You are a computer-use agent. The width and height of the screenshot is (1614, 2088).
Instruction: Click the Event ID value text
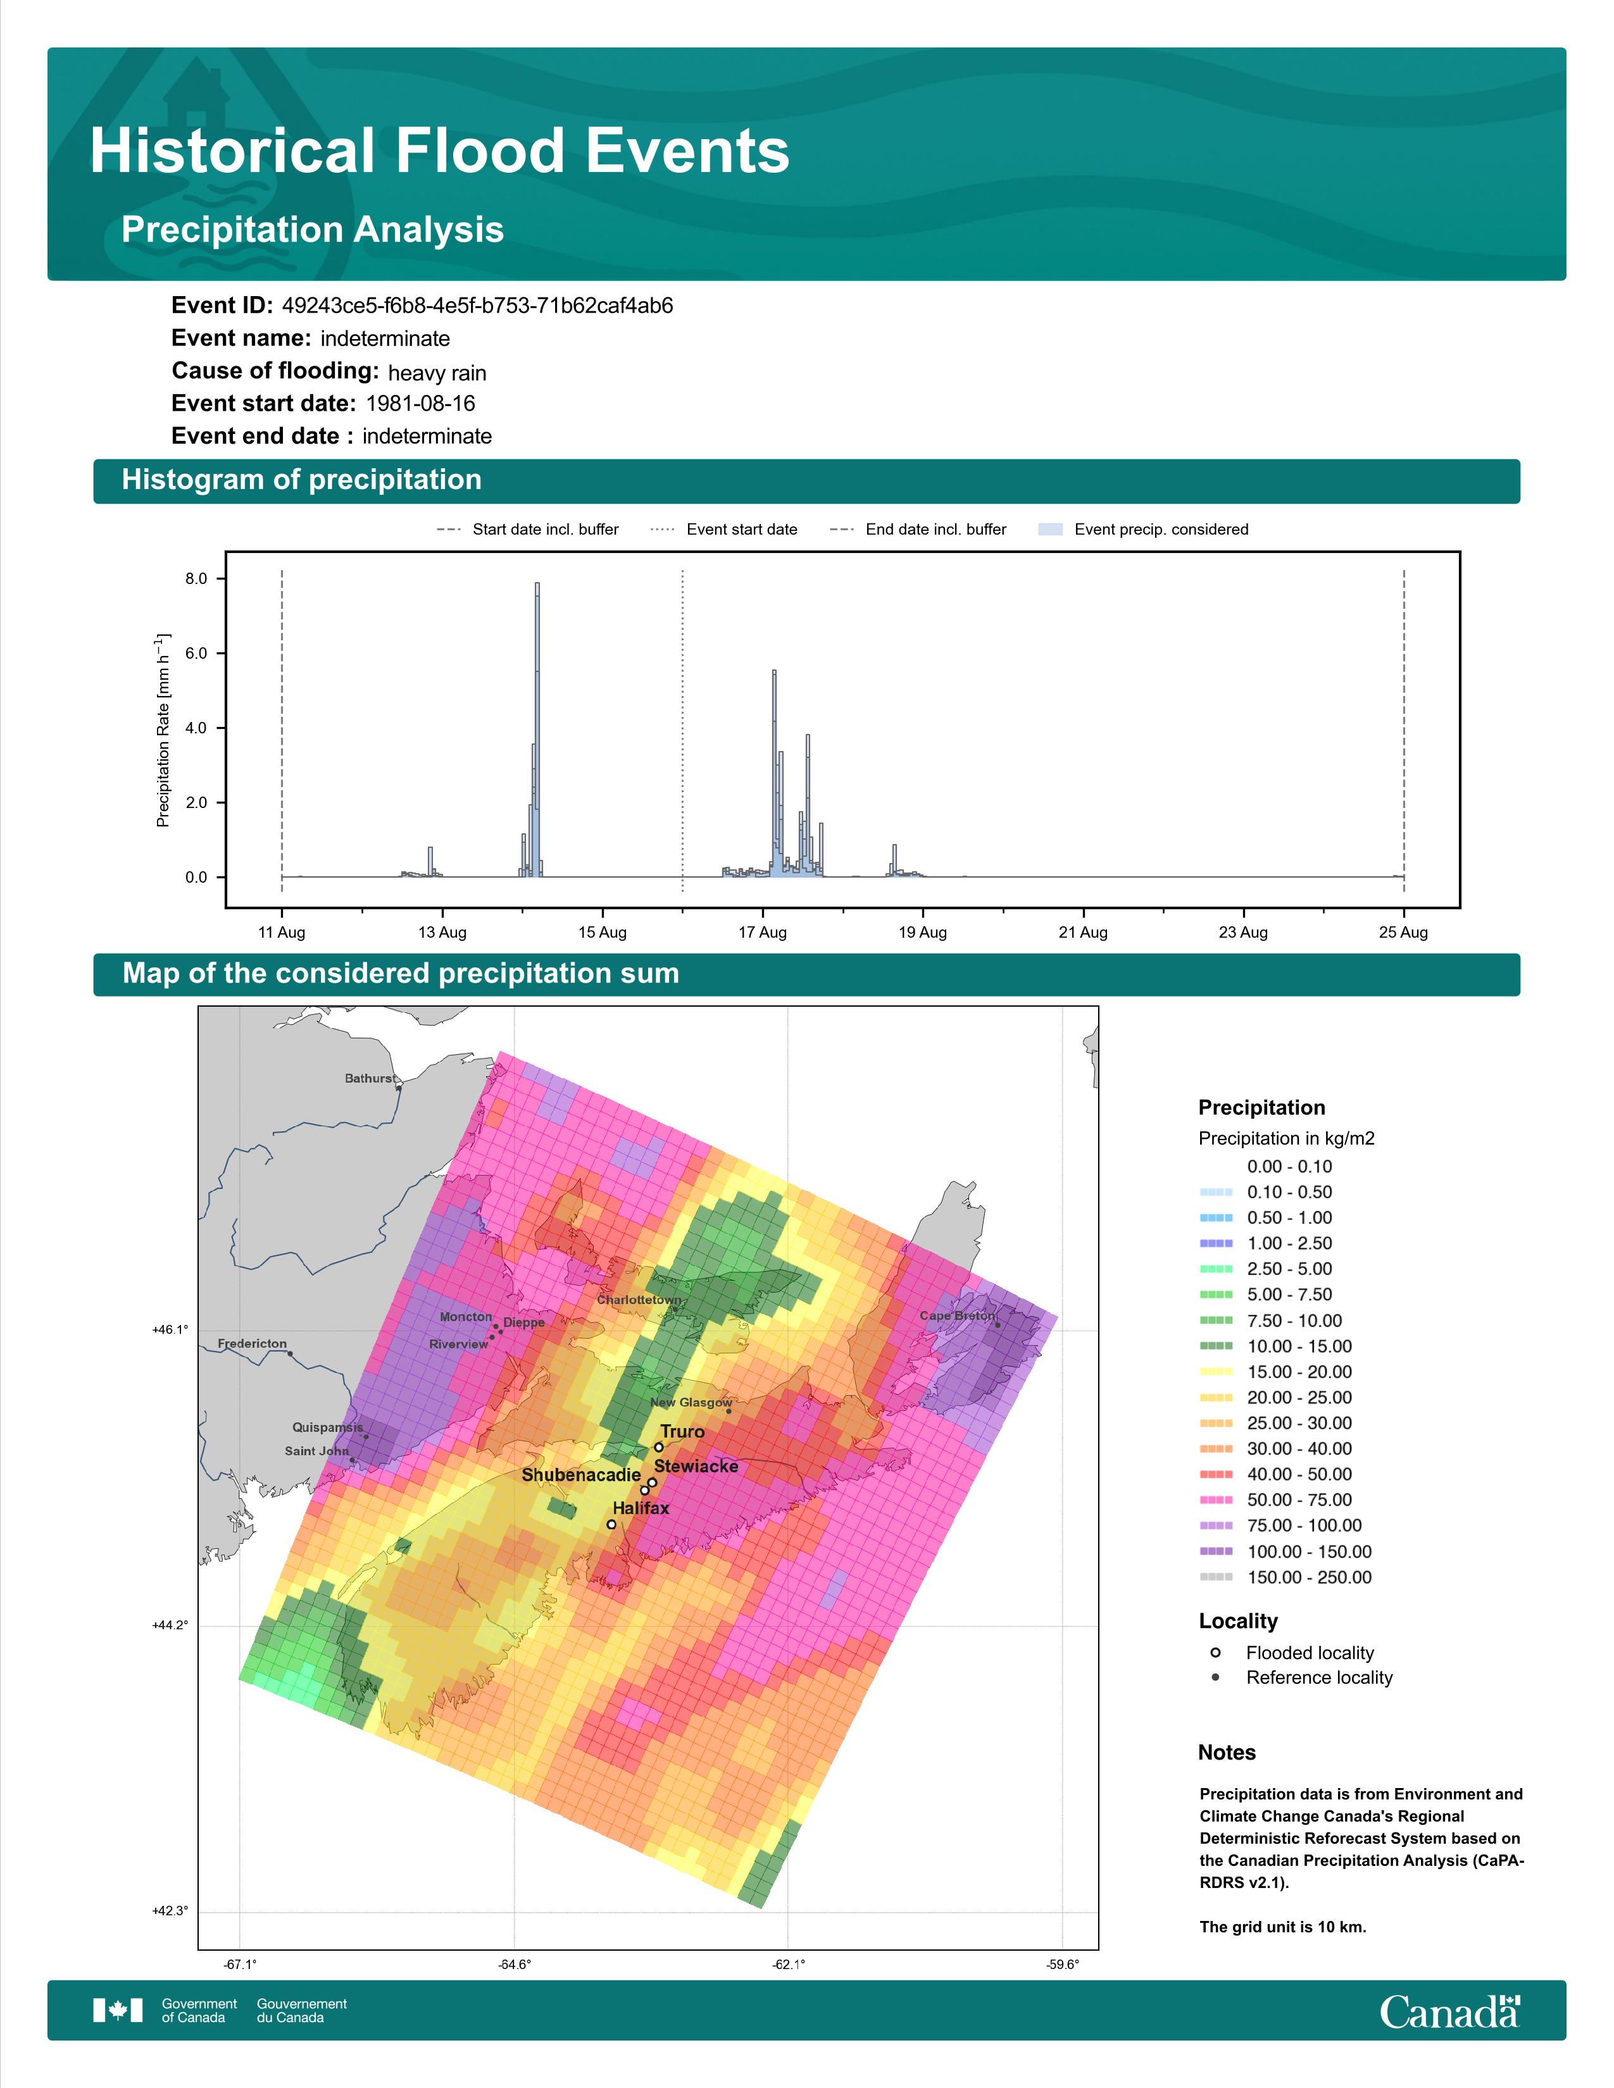477,306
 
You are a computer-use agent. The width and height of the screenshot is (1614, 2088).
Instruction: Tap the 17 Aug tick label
762,932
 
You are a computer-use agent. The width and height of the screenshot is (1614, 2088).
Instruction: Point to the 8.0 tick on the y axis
196,578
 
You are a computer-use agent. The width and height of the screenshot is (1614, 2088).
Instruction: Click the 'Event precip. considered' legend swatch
1050,530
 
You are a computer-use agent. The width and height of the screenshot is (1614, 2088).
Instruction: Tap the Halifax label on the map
641,1508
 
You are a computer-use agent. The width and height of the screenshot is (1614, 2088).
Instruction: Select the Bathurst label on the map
369,1078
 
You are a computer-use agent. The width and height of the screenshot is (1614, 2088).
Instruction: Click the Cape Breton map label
957,1315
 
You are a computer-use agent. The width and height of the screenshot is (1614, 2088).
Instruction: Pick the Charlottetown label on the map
639,1299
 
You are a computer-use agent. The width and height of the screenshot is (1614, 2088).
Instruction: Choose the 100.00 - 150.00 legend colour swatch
1215,1551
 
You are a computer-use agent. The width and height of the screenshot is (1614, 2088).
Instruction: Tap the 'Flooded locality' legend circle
1215,1652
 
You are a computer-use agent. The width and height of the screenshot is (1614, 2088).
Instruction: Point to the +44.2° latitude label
170,1625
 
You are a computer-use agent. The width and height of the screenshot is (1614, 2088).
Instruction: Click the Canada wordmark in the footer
1449,2013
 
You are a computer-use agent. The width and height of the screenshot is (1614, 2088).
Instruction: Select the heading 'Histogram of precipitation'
301,480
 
